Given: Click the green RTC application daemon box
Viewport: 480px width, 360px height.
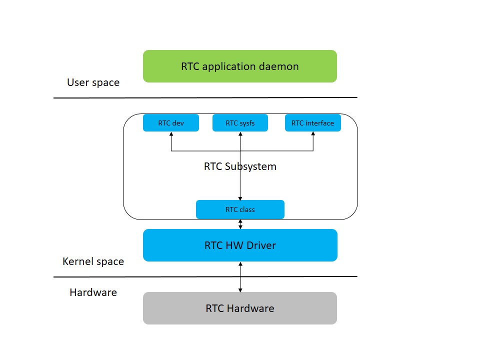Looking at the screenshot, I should pos(240,66).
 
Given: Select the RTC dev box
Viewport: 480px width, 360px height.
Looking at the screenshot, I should pos(171,123).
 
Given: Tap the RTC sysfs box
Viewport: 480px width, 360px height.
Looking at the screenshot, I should pos(240,123).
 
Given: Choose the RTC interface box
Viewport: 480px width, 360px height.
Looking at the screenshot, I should pos(313,123).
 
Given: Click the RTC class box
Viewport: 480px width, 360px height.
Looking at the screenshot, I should pos(240,209).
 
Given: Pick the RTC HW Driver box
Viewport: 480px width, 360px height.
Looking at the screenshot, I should pos(240,245).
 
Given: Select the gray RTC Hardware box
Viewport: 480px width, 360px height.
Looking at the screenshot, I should pos(240,308).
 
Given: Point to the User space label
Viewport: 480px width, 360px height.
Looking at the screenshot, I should pos(93,82).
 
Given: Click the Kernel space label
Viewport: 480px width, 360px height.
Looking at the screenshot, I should pos(93,261).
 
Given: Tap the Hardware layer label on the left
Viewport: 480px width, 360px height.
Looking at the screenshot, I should pos(93,292).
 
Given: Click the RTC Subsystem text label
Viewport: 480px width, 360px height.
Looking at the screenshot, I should pos(240,166).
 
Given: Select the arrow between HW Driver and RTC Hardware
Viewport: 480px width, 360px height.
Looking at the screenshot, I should pos(240,276).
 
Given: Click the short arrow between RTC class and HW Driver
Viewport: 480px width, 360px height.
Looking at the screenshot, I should pos(240,224).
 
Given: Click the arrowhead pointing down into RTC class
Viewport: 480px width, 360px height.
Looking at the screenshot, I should pos(240,197).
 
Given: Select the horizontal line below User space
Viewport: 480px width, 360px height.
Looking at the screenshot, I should pos(205,97).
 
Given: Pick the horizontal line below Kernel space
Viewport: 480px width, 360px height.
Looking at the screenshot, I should pos(205,276).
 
